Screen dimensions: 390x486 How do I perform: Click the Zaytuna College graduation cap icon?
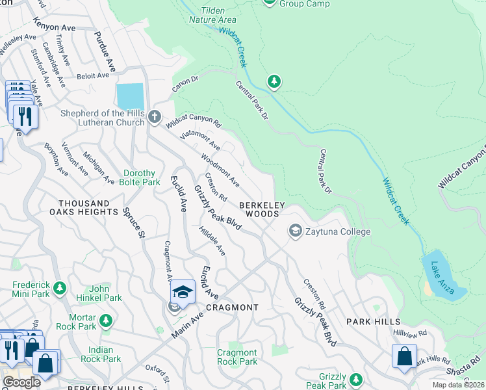[x=295, y=231]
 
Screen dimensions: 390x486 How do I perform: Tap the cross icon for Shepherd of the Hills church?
[x=154, y=116]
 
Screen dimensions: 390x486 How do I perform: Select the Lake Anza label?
[x=438, y=278]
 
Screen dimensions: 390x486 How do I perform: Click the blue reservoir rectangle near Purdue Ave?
[x=131, y=96]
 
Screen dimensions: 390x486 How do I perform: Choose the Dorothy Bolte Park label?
[x=140, y=178]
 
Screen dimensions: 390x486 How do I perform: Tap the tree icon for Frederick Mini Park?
[x=60, y=287]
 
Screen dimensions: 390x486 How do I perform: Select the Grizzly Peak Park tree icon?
[x=355, y=379]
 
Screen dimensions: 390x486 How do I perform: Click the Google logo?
[x=21, y=382]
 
